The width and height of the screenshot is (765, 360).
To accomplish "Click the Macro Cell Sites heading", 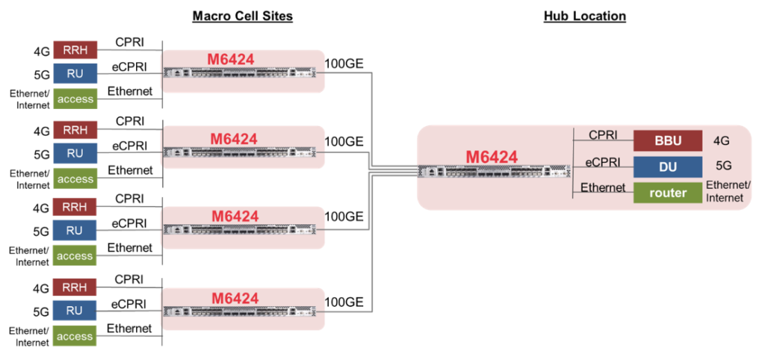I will (242, 16).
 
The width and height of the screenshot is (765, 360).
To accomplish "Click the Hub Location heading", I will (584, 16).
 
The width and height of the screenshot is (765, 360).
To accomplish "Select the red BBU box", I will (668, 140).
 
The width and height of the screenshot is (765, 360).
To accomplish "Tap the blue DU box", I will (668, 166).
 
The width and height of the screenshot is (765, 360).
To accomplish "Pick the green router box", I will (668, 192).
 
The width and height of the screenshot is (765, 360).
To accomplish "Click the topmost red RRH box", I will (75, 50).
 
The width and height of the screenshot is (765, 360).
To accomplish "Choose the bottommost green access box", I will (75, 336).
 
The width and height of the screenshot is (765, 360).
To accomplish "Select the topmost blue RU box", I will (75, 74).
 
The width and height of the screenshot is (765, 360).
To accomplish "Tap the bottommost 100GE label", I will (344, 302).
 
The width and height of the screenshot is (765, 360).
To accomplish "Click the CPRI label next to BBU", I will (602, 135).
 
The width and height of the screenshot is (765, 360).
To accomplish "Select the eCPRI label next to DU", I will (601, 161).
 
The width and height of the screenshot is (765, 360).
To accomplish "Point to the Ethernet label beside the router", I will (603, 187).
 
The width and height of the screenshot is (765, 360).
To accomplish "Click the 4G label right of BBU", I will (721, 140).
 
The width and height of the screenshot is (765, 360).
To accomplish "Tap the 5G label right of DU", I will (721, 166).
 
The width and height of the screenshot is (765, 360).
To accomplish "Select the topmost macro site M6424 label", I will (234, 58).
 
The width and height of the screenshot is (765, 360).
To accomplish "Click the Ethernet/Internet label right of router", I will (728, 191).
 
